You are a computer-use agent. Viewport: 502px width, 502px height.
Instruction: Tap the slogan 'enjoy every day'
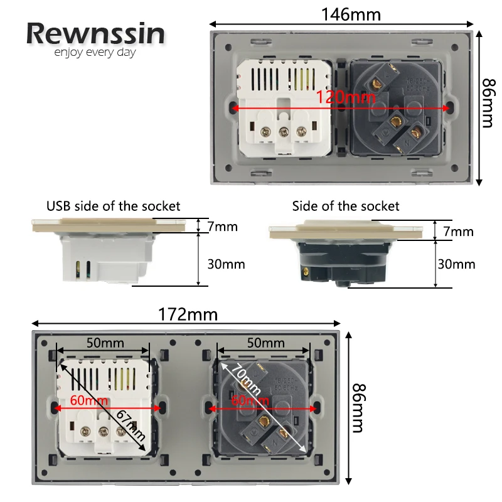(x=95, y=53)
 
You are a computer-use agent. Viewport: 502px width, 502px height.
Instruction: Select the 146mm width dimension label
(x=351, y=14)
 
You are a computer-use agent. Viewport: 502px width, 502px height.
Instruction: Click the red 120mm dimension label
(x=346, y=97)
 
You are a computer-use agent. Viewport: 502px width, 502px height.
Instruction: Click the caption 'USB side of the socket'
(x=113, y=206)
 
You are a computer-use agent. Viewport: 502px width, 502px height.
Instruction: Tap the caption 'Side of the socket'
(x=345, y=206)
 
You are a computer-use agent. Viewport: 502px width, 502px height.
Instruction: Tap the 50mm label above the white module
(x=105, y=343)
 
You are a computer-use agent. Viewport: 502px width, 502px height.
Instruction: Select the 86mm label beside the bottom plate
(x=356, y=408)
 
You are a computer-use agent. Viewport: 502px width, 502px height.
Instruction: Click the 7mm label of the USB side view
(x=222, y=226)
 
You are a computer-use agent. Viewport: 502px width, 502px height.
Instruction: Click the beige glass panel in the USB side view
(x=109, y=223)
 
